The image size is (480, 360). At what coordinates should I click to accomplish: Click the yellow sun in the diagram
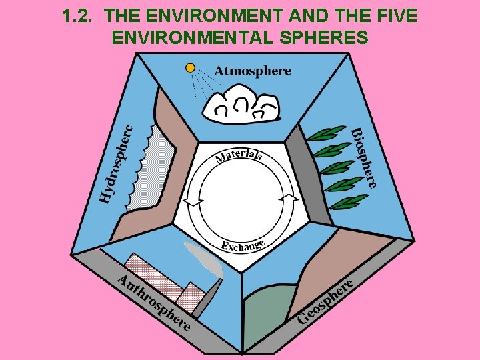click(x=191, y=68)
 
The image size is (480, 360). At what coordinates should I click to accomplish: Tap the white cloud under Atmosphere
click(x=241, y=106)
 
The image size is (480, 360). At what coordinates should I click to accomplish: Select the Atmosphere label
click(x=253, y=71)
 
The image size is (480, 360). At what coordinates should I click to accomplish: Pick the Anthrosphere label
click(x=154, y=301)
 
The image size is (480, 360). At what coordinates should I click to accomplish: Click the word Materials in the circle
click(x=239, y=156)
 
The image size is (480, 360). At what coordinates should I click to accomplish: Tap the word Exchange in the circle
click(x=243, y=245)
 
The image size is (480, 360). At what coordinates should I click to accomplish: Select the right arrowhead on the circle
click(x=289, y=198)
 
